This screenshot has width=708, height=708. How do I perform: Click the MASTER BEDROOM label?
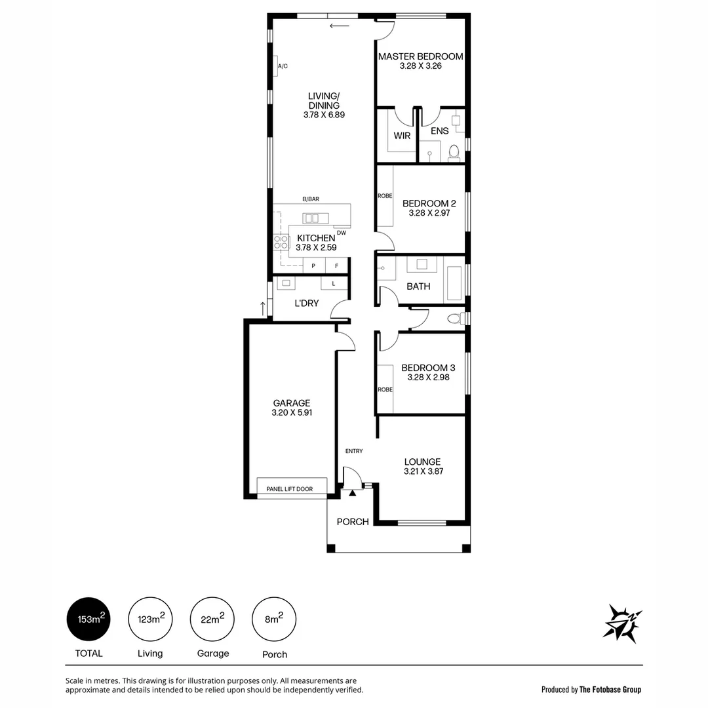tap(420, 56)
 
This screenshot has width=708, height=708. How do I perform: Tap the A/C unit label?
tap(283, 67)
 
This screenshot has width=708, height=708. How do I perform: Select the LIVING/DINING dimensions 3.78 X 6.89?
tap(324, 115)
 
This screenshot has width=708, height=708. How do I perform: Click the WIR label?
tap(402, 135)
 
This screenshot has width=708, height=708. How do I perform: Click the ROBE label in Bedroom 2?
tap(385, 195)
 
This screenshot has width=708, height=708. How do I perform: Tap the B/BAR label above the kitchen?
tap(311, 199)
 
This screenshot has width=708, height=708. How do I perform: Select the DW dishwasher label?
tap(341, 233)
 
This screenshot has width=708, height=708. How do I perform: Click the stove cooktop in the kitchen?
tap(281, 243)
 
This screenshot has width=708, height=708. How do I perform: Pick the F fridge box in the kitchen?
tap(337, 265)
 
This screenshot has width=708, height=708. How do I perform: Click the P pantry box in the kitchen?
tap(313, 265)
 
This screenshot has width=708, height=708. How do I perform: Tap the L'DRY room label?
tap(306, 303)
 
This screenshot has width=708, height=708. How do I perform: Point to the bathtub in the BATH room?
tap(453, 279)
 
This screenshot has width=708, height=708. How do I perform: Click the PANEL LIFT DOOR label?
tap(289, 489)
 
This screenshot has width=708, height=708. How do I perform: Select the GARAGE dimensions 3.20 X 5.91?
tap(291, 413)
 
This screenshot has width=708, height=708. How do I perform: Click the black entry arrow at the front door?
tap(353, 493)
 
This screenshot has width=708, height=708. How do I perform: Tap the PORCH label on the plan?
tap(353, 522)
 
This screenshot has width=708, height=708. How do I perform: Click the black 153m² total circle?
tap(89, 619)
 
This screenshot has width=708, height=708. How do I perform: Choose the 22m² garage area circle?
tap(212, 619)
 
